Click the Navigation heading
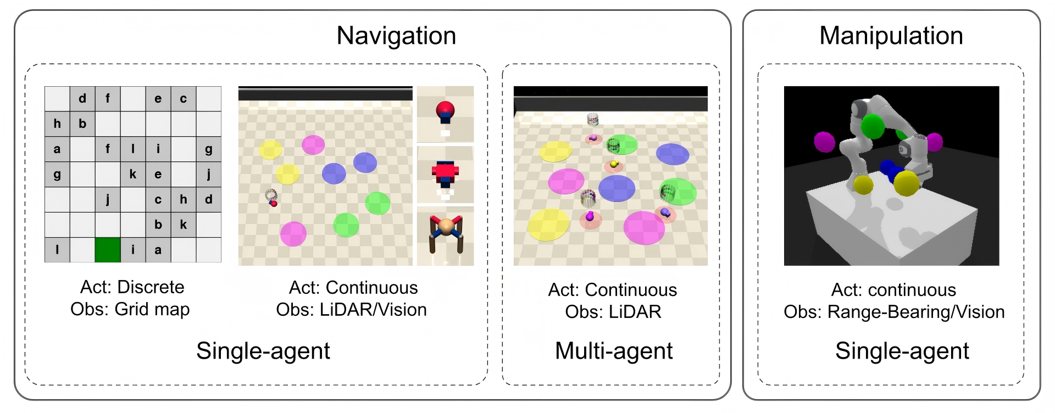[x=396, y=36]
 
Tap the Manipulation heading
[x=891, y=36]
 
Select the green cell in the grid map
[x=108, y=250]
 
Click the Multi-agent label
[x=614, y=351]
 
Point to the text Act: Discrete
[x=132, y=287]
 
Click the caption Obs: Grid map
[x=130, y=309]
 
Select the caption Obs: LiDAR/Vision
[x=352, y=310]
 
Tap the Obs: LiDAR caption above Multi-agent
[x=613, y=312]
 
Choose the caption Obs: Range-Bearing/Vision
[x=894, y=312]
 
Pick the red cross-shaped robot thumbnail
[x=445, y=174]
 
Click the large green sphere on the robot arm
[x=872, y=127]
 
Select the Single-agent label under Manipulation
[x=902, y=351]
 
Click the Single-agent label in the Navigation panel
[x=263, y=351]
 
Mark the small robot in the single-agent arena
[x=271, y=198]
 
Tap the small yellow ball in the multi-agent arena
[x=614, y=164]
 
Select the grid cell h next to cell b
[x=57, y=124]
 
